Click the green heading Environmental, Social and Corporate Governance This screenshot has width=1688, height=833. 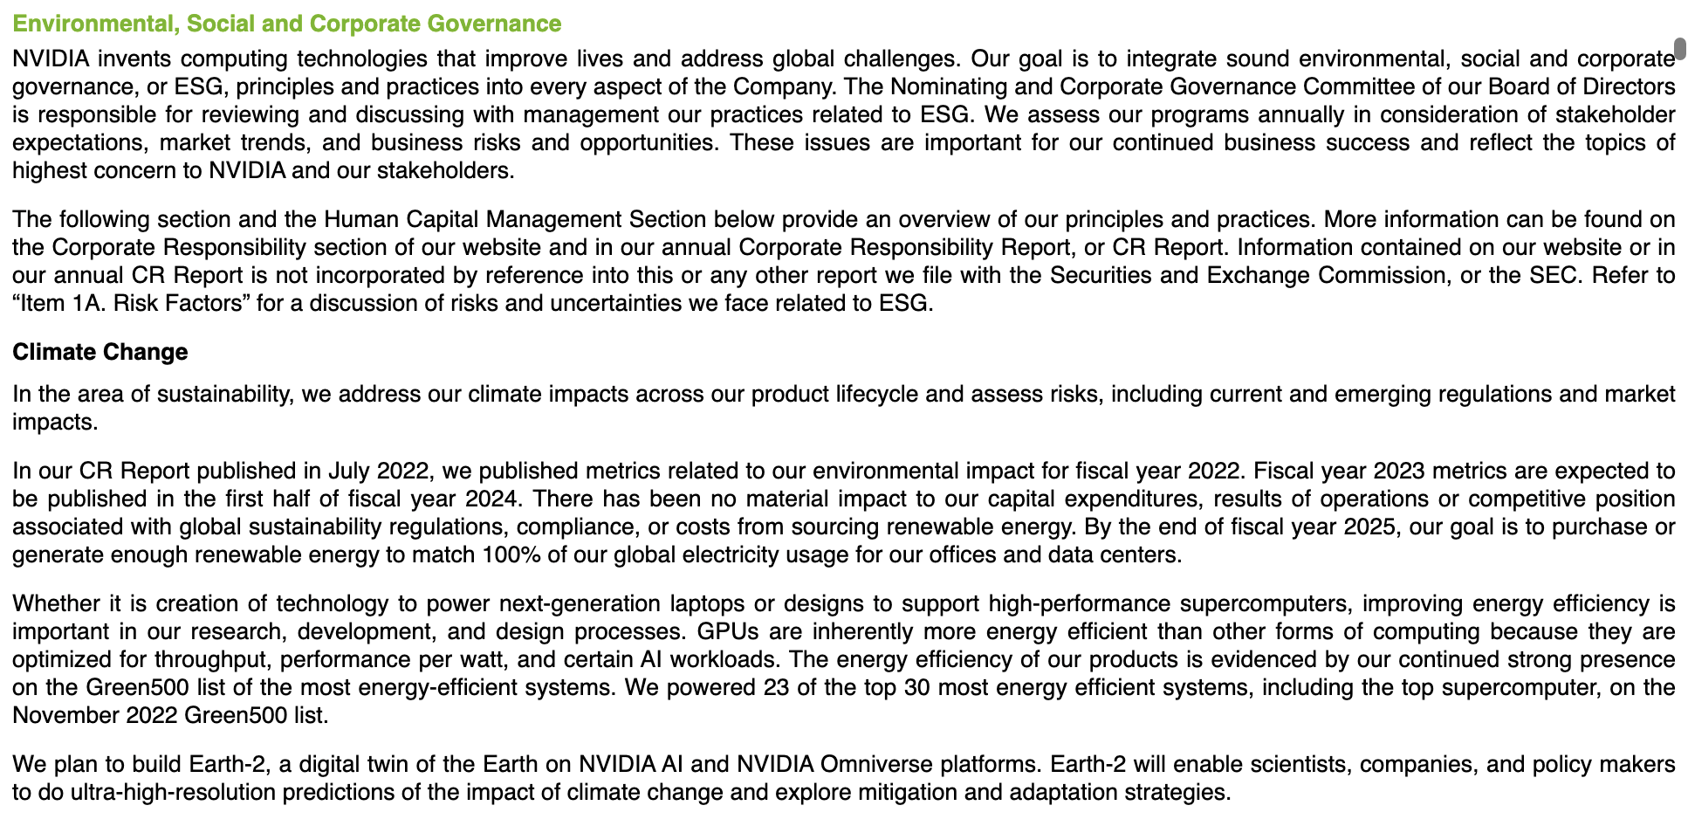click(286, 24)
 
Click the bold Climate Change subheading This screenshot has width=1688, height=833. click(99, 352)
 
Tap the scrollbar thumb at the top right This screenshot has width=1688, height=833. click(1678, 48)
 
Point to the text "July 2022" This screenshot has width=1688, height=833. click(377, 472)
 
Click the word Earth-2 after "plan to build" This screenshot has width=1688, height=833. click(226, 765)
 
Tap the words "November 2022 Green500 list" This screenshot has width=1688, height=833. click(169, 716)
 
